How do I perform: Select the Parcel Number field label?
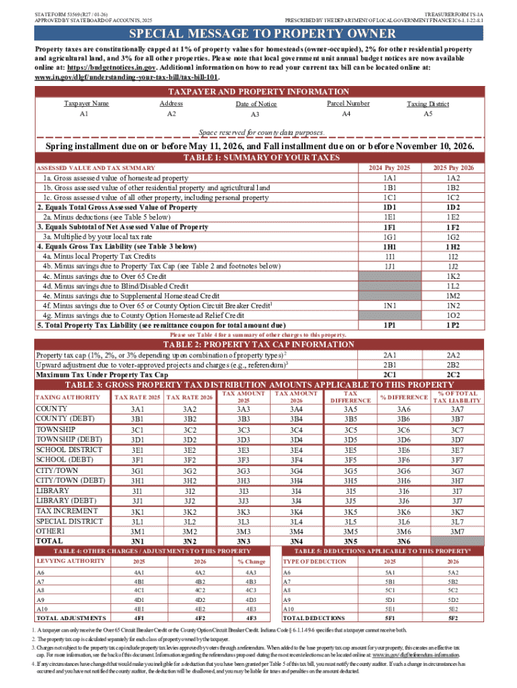point(348,103)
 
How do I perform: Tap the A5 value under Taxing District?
point(428,114)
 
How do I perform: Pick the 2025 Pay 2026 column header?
point(453,167)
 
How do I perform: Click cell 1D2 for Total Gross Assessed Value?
point(453,208)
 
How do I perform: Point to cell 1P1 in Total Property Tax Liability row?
point(389,325)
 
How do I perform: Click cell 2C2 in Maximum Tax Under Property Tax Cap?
point(453,374)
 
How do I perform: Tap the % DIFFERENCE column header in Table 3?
point(403,398)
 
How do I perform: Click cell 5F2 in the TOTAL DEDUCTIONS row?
point(453,636)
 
